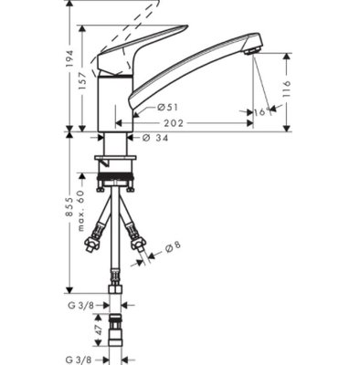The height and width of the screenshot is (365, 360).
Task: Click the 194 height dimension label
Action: click(70, 58)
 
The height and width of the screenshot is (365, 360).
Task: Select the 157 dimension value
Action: click(82, 81)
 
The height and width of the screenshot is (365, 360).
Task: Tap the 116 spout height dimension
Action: click(286, 89)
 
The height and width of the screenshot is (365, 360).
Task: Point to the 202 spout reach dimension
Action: click(174, 123)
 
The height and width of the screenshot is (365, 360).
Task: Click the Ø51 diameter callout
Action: click(167, 107)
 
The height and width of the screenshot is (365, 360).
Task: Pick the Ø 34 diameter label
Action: click(155, 138)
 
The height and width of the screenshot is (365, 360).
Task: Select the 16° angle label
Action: click(262, 112)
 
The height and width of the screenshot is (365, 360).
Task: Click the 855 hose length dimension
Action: click(70, 207)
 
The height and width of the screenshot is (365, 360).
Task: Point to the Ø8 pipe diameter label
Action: click(173, 247)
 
